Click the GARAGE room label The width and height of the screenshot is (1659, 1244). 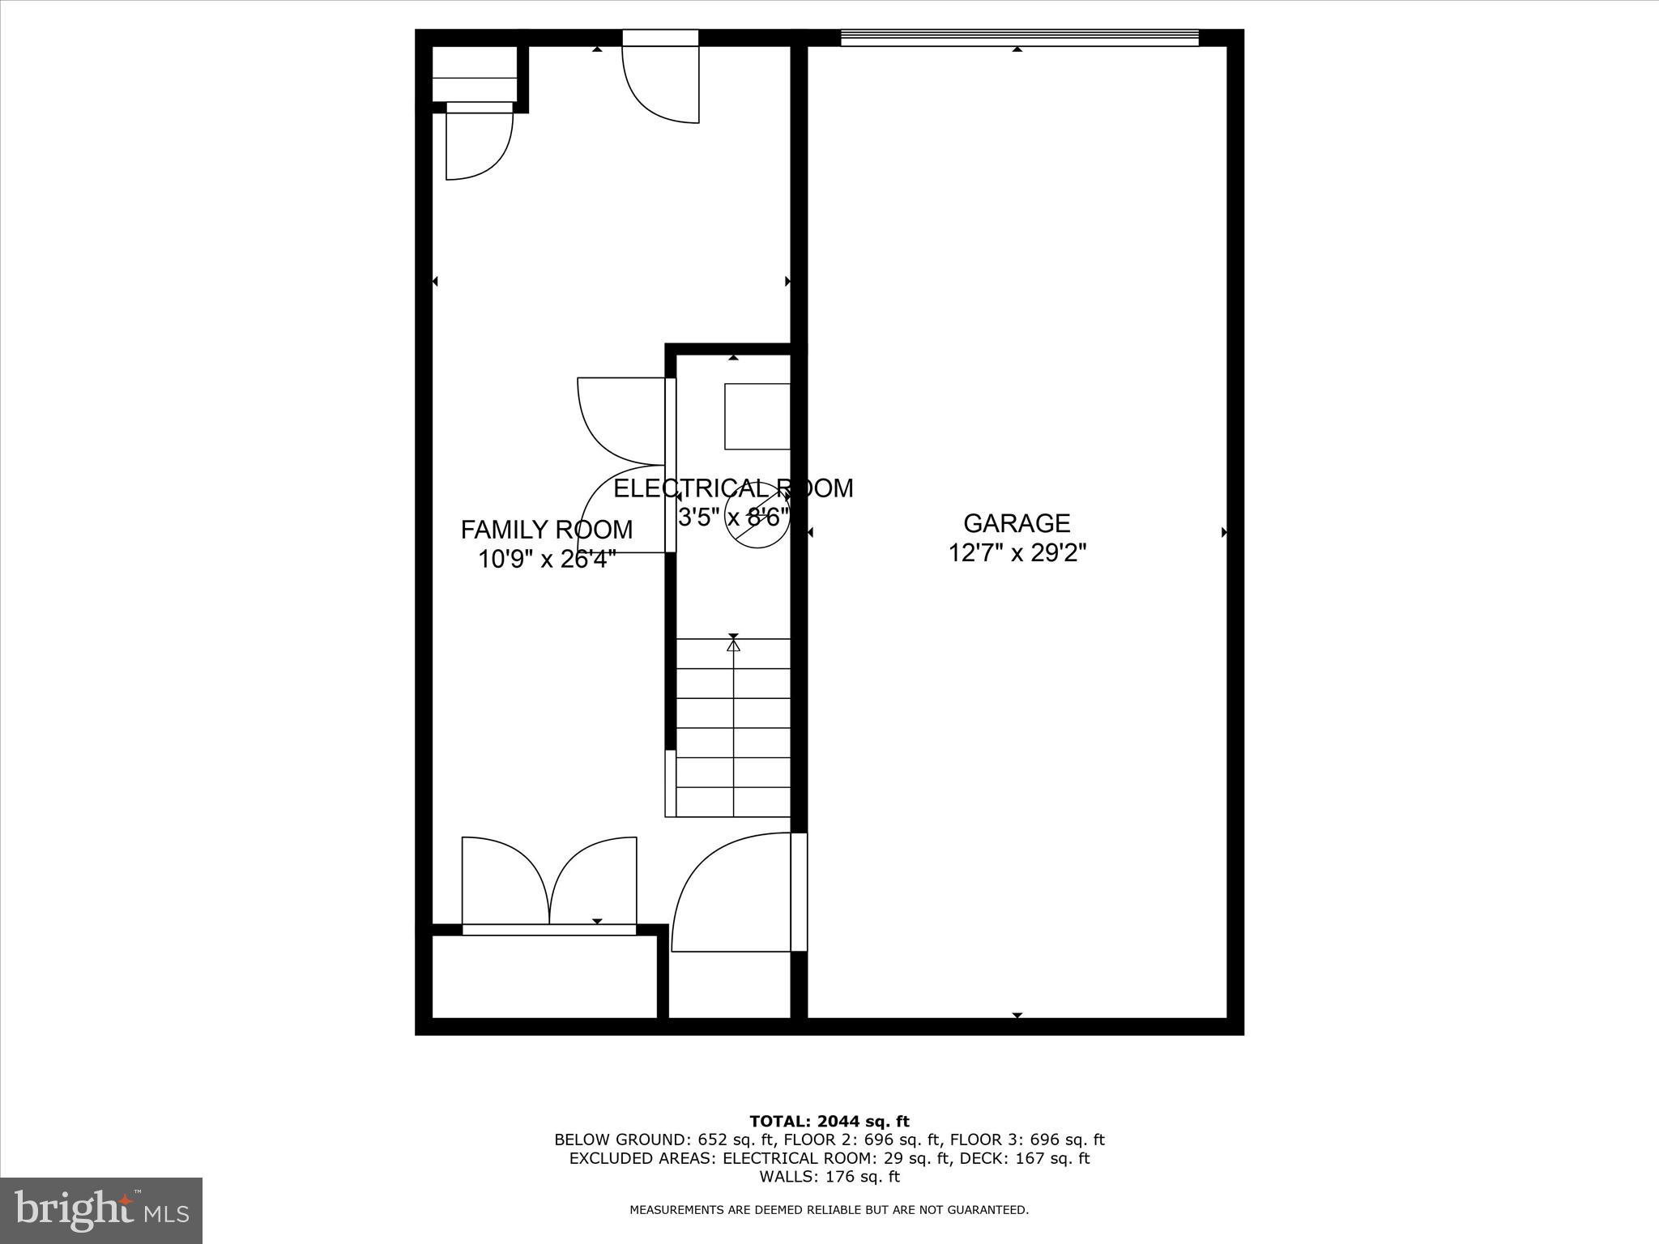(x=1017, y=523)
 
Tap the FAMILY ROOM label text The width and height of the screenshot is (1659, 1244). (x=547, y=530)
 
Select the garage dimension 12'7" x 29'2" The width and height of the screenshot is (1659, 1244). (x=1017, y=553)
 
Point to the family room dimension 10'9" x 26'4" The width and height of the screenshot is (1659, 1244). (x=547, y=559)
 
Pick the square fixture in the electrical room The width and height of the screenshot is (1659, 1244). (x=757, y=416)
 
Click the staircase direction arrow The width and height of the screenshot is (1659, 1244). (x=733, y=646)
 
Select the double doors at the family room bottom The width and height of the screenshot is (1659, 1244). (x=549, y=883)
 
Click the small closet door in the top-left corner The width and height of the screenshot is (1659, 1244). (x=480, y=142)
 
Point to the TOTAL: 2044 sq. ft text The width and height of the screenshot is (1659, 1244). (x=829, y=1122)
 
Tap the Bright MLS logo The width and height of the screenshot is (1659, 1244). (x=101, y=1210)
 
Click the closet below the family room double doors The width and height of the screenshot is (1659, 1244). (x=544, y=977)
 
